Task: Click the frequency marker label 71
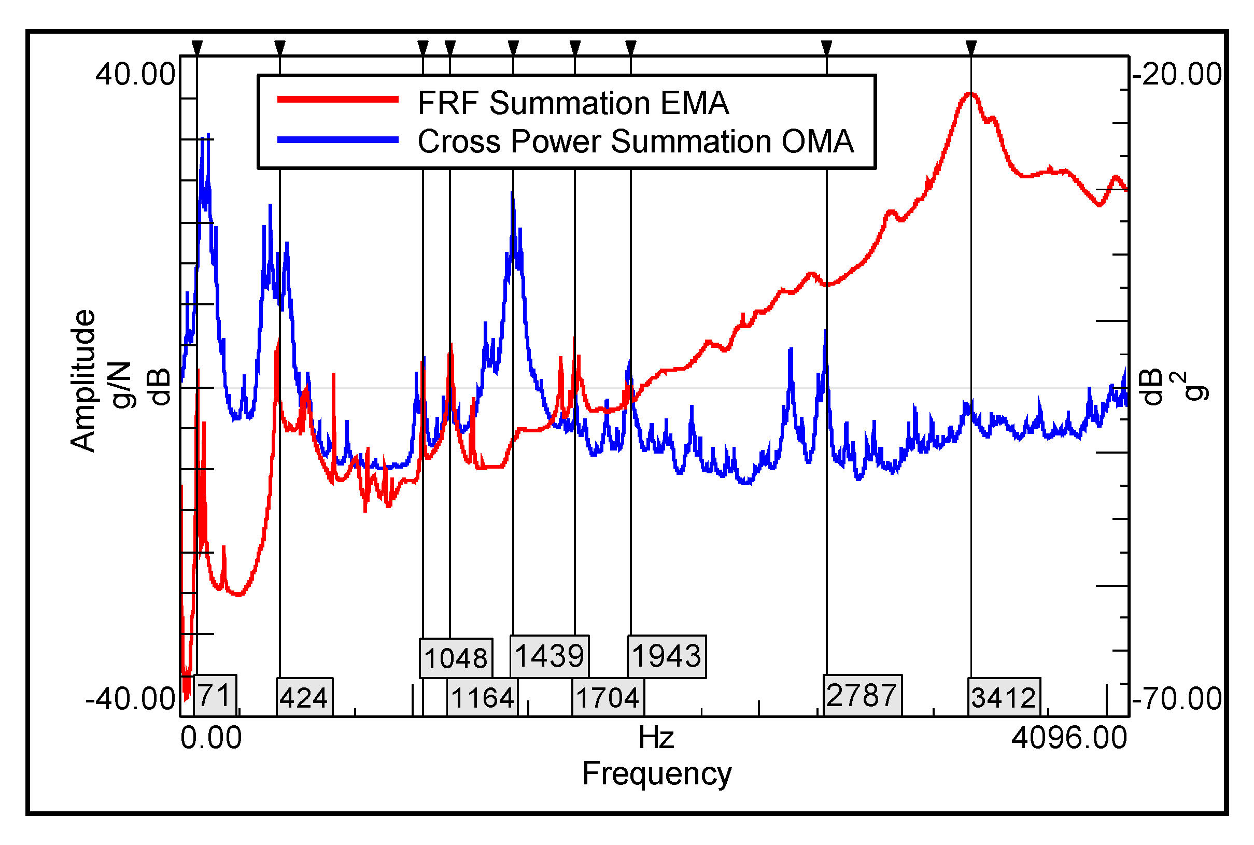click(215, 695)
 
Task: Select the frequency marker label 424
click(304, 698)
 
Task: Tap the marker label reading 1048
click(455, 658)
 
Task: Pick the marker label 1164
click(482, 698)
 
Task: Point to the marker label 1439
click(549, 656)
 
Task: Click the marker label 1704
click(608, 698)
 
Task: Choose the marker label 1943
click(666, 656)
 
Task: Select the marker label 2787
click(862, 695)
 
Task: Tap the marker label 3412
click(1004, 698)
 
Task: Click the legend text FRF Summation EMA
click(573, 103)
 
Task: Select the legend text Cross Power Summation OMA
click(636, 142)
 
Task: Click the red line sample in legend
click(337, 99)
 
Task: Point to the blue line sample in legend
click(337, 139)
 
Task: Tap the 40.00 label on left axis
click(135, 74)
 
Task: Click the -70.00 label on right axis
click(1177, 698)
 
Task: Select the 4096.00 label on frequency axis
click(1068, 738)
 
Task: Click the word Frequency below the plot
click(656, 774)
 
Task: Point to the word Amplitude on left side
click(83, 381)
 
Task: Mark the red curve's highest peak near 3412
click(970, 94)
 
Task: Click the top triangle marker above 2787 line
click(826, 47)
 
